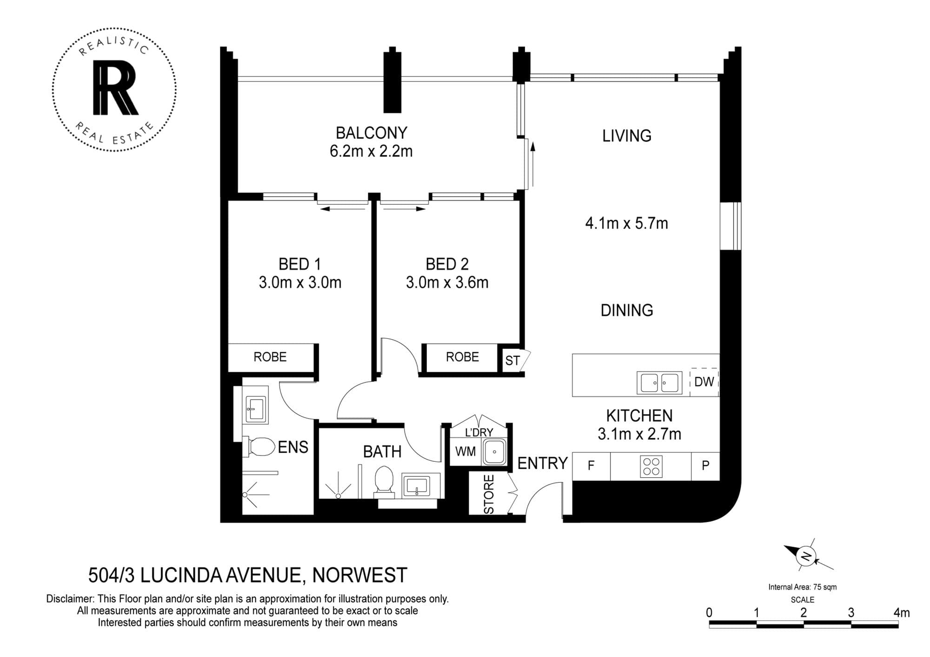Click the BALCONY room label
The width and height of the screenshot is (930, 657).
click(371, 133)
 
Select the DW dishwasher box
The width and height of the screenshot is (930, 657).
click(704, 382)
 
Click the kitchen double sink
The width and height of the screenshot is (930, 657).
click(659, 383)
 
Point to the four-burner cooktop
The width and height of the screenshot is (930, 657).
click(651, 466)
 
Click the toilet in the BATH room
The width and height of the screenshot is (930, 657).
click(384, 480)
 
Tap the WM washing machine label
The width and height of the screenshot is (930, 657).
click(465, 451)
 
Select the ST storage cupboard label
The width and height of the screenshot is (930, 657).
click(512, 361)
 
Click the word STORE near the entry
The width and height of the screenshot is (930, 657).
click(489, 494)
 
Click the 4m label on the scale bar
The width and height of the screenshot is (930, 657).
click(901, 612)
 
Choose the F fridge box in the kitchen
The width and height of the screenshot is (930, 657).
click(591, 466)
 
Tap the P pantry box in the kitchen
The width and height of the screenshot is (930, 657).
click(705, 466)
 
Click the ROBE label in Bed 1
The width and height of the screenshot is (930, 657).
click(270, 357)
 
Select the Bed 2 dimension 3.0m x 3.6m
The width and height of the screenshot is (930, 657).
click(447, 282)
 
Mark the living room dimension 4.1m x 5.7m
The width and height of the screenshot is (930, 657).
click(626, 223)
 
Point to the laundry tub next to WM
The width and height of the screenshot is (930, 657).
click(494, 451)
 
